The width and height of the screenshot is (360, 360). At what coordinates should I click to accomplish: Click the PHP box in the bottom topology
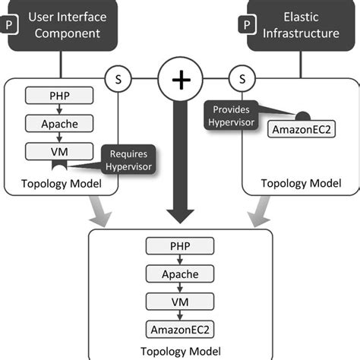click(x=180, y=246)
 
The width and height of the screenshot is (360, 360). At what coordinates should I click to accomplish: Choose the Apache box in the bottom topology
click(x=180, y=273)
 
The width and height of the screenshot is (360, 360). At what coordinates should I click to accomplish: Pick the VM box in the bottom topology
click(x=180, y=301)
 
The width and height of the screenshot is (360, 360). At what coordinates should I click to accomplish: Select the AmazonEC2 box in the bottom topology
click(x=180, y=328)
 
